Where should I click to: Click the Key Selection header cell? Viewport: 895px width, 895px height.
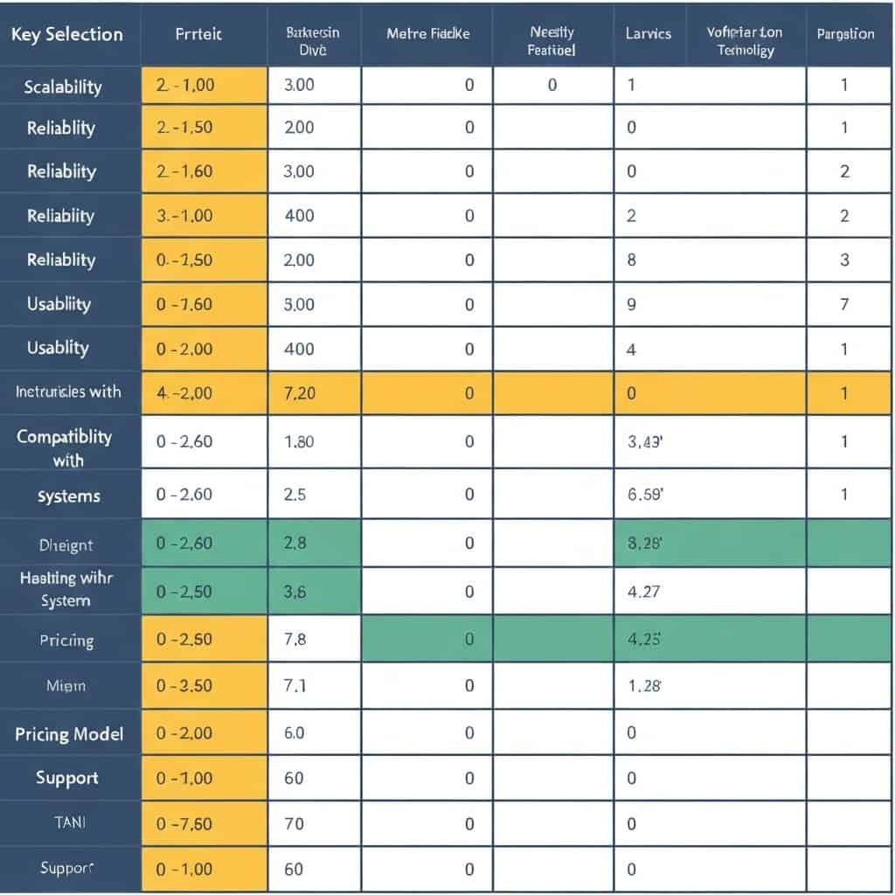coord(66,34)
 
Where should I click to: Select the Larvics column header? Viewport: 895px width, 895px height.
coord(649,34)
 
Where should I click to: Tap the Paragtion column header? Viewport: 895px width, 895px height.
coord(845,34)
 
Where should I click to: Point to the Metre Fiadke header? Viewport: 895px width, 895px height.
coord(427,34)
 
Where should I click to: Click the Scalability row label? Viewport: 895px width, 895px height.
coord(63,87)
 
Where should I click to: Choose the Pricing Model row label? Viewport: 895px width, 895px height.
coord(69,733)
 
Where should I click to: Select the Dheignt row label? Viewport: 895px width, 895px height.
coord(66,545)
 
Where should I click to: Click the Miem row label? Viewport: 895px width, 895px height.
coord(66,686)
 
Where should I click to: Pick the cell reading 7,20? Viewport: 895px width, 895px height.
coord(300,393)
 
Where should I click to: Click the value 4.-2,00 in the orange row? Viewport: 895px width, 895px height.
coord(184,393)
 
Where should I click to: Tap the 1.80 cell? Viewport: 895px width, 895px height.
coord(300,441)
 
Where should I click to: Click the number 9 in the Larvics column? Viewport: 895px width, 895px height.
coord(632,304)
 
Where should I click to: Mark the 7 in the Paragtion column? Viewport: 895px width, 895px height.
coord(844,304)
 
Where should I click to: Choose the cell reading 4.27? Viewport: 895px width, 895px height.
coord(643,592)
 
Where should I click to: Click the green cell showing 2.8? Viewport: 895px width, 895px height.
coord(295,543)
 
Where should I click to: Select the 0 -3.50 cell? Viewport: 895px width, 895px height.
coord(184,686)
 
